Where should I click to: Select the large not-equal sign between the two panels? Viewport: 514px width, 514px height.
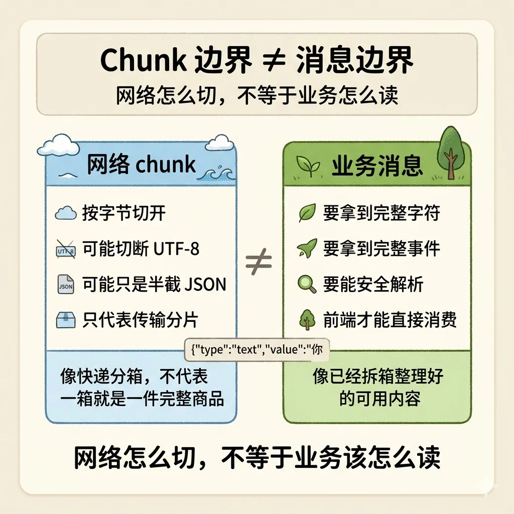(x=259, y=262)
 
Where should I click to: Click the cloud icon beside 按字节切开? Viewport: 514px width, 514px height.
(x=65, y=214)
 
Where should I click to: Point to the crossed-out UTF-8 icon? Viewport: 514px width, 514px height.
(x=65, y=249)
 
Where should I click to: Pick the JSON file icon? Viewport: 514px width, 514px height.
(x=66, y=285)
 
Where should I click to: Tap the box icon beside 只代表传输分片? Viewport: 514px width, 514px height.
(x=66, y=320)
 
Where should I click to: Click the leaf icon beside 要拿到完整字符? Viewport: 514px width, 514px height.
(x=307, y=213)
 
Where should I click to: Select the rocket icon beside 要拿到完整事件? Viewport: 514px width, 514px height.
(x=306, y=248)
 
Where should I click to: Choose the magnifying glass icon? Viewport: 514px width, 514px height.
(x=306, y=285)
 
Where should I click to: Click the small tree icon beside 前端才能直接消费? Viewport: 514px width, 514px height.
(x=306, y=320)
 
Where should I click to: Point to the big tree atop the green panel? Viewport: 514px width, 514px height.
(x=450, y=151)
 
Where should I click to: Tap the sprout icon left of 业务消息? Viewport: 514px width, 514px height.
(x=306, y=166)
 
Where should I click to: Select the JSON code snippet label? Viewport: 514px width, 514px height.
(x=256, y=349)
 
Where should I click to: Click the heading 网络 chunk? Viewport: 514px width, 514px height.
(x=141, y=165)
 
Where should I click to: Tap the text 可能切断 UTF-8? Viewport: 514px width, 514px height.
(x=141, y=249)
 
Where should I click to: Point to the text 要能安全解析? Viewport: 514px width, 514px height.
(x=373, y=285)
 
